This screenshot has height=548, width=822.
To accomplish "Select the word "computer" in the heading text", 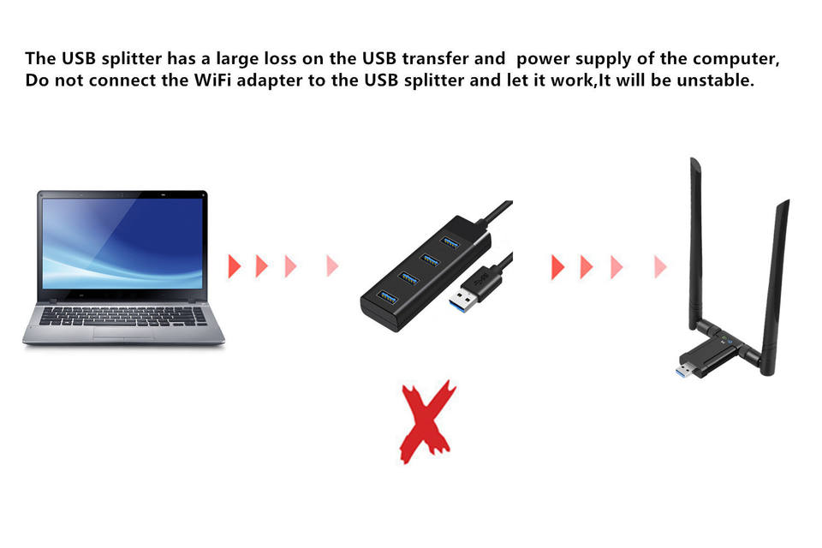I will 738,59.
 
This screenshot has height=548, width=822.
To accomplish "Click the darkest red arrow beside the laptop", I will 234,266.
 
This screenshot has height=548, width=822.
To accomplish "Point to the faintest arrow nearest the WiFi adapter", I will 660,266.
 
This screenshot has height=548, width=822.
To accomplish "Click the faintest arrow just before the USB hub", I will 332,266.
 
